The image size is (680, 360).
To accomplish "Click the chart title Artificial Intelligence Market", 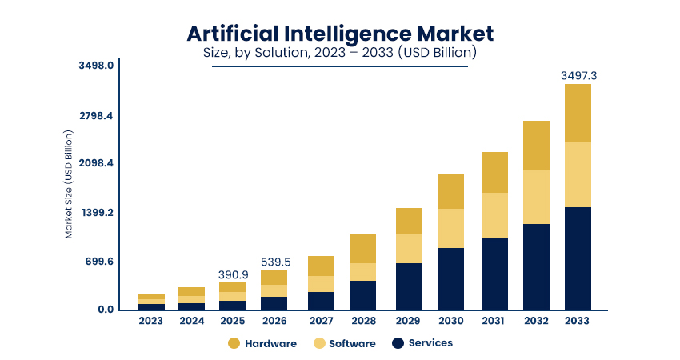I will pyautogui.click(x=340, y=33).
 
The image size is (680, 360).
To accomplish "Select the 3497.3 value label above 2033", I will pyautogui.click(x=578, y=75).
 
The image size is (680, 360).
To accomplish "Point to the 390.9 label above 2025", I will pyautogui.click(x=233, y=274).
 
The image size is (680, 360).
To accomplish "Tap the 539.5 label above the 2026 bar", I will pyautogui.click(x=274, y=262).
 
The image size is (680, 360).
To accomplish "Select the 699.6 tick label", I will pyautogui.click(x=98, y=262).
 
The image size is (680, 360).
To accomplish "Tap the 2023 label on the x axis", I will pyautogui.click(x=150, y=321).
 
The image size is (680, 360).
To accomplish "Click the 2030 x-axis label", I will pyautogui.click(x=450, y=321).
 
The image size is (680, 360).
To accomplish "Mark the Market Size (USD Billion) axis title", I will pyautogui.click(x=69, y=185).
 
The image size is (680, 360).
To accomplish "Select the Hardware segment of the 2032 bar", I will pyautogui.click(x=536, y=145).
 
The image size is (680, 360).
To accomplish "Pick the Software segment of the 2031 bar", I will pyautogui.click(x=494, y=214).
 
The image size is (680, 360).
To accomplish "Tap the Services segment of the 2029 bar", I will pyautogui.click(x=409, y=286).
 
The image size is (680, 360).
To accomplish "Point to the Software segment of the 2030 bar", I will pyautogui.click(x=450, y=228).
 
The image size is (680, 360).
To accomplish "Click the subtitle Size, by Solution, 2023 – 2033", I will pyautogui.click(x=340, y=54).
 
